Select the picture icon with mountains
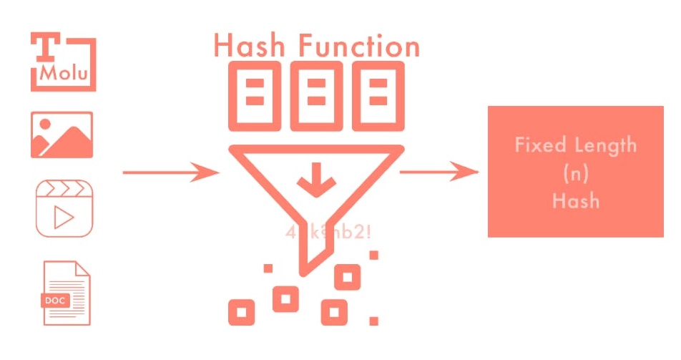pyautogui.click(x=62, y=135)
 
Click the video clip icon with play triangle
pyautogui.click(x=64, y=208)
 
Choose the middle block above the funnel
pyautogui.click(x=316, y=96)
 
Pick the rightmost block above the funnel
pyautogui.click(x=378, y=96)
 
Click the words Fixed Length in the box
pyautogui.click(x=575, y=145)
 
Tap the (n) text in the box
pyautogui.click(x=575, y=173)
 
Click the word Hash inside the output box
pyautogui.click(x=575, y=200)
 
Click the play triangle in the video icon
pyautogui.click(x=65, y=218)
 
